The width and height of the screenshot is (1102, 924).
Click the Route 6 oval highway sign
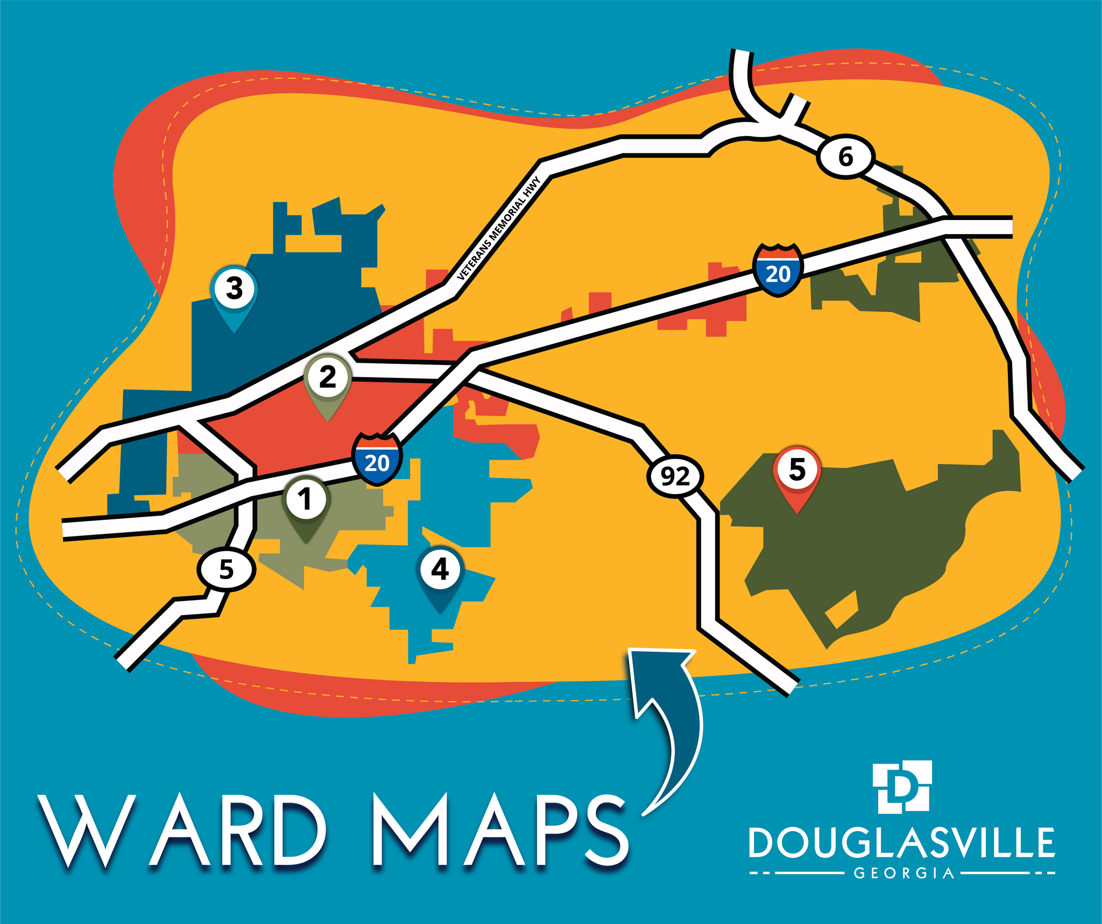pos(845,158)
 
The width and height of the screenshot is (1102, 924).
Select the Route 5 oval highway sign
pos(226,569)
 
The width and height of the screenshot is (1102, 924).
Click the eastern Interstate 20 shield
pos(778,271)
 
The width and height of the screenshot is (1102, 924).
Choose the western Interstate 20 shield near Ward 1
pos(377,460)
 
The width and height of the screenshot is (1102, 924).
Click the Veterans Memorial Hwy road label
pos(498,229)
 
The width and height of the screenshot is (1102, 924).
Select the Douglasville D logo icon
pos(902,787)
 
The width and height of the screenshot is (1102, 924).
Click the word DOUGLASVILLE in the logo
pos(902,843)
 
